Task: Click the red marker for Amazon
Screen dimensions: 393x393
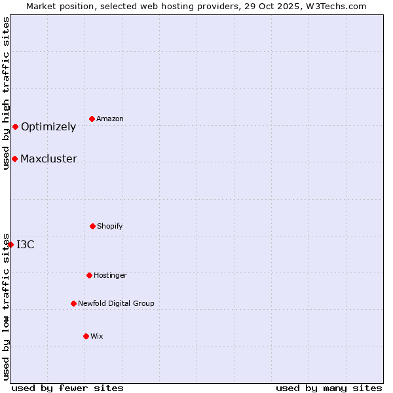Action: tap(92, 119)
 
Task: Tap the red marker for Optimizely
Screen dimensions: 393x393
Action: tap(15, 126)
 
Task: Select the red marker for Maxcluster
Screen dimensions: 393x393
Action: tap(14, 159)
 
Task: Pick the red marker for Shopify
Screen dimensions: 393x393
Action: tap(92, 226)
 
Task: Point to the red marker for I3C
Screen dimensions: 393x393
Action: tap(11, 244)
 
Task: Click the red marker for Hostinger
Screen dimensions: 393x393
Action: tap(89, 275)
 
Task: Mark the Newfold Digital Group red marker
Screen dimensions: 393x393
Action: tap(73, 303)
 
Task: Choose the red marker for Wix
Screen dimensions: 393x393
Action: tap(86, 336)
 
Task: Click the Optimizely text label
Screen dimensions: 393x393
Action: tap(48, 126)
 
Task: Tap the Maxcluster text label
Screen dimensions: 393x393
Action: tap(48, 159)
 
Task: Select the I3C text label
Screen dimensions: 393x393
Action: tap(26, 244)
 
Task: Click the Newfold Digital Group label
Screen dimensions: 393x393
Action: tap(116, 303)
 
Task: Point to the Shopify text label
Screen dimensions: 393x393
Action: tap(109, 226)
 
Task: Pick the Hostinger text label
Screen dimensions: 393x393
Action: tap(110, 275)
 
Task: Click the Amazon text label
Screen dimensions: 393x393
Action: tap(109, 119)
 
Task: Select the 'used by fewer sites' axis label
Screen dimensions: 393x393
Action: tap(67, 388)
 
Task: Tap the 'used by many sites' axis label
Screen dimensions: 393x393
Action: tap(329, 388)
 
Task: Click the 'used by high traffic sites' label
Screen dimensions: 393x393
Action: tap(6, 93)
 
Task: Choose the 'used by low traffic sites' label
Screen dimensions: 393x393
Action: tap(6, 306)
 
